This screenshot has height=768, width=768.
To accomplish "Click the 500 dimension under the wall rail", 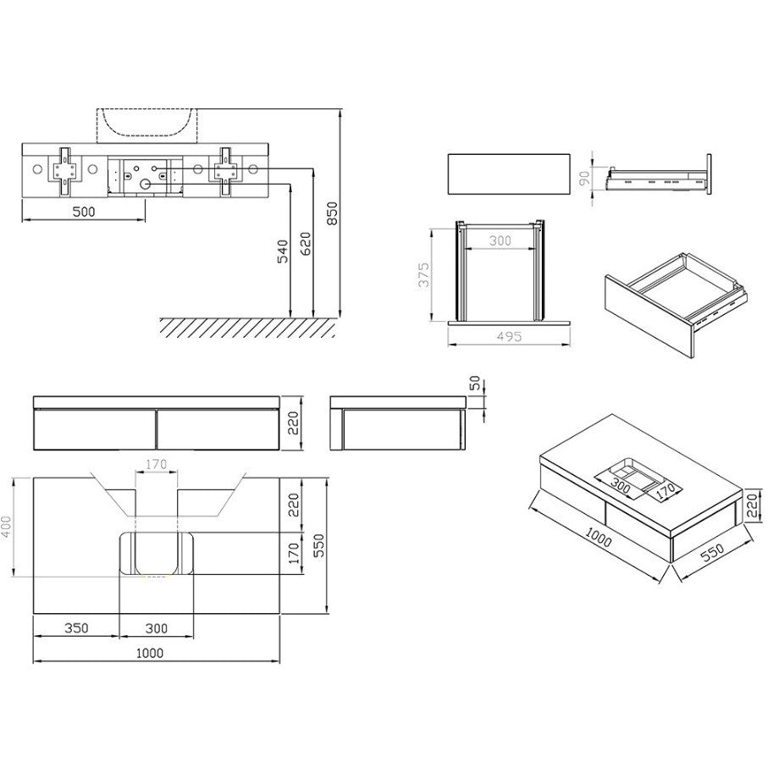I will (x=83, y=213).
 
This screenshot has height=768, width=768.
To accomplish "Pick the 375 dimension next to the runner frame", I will (x=426, y=274).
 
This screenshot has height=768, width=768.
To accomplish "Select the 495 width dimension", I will (x=509, y=336).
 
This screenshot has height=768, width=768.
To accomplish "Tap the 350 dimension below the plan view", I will (x=76, y=628).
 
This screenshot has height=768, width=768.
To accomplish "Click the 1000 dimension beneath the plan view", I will (x=150, y=653).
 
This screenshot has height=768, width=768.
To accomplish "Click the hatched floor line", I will (x=246, y=326).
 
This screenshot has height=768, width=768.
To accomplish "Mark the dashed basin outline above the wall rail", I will (x=149, y=125).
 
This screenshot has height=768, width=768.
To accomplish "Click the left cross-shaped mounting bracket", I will (x=64, y=169).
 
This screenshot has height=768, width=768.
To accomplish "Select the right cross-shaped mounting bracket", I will (x=225, y=169).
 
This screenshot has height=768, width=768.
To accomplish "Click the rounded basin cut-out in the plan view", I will (x=155, y=554).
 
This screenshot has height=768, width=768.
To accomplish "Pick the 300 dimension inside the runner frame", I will (x=500, y=241).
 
